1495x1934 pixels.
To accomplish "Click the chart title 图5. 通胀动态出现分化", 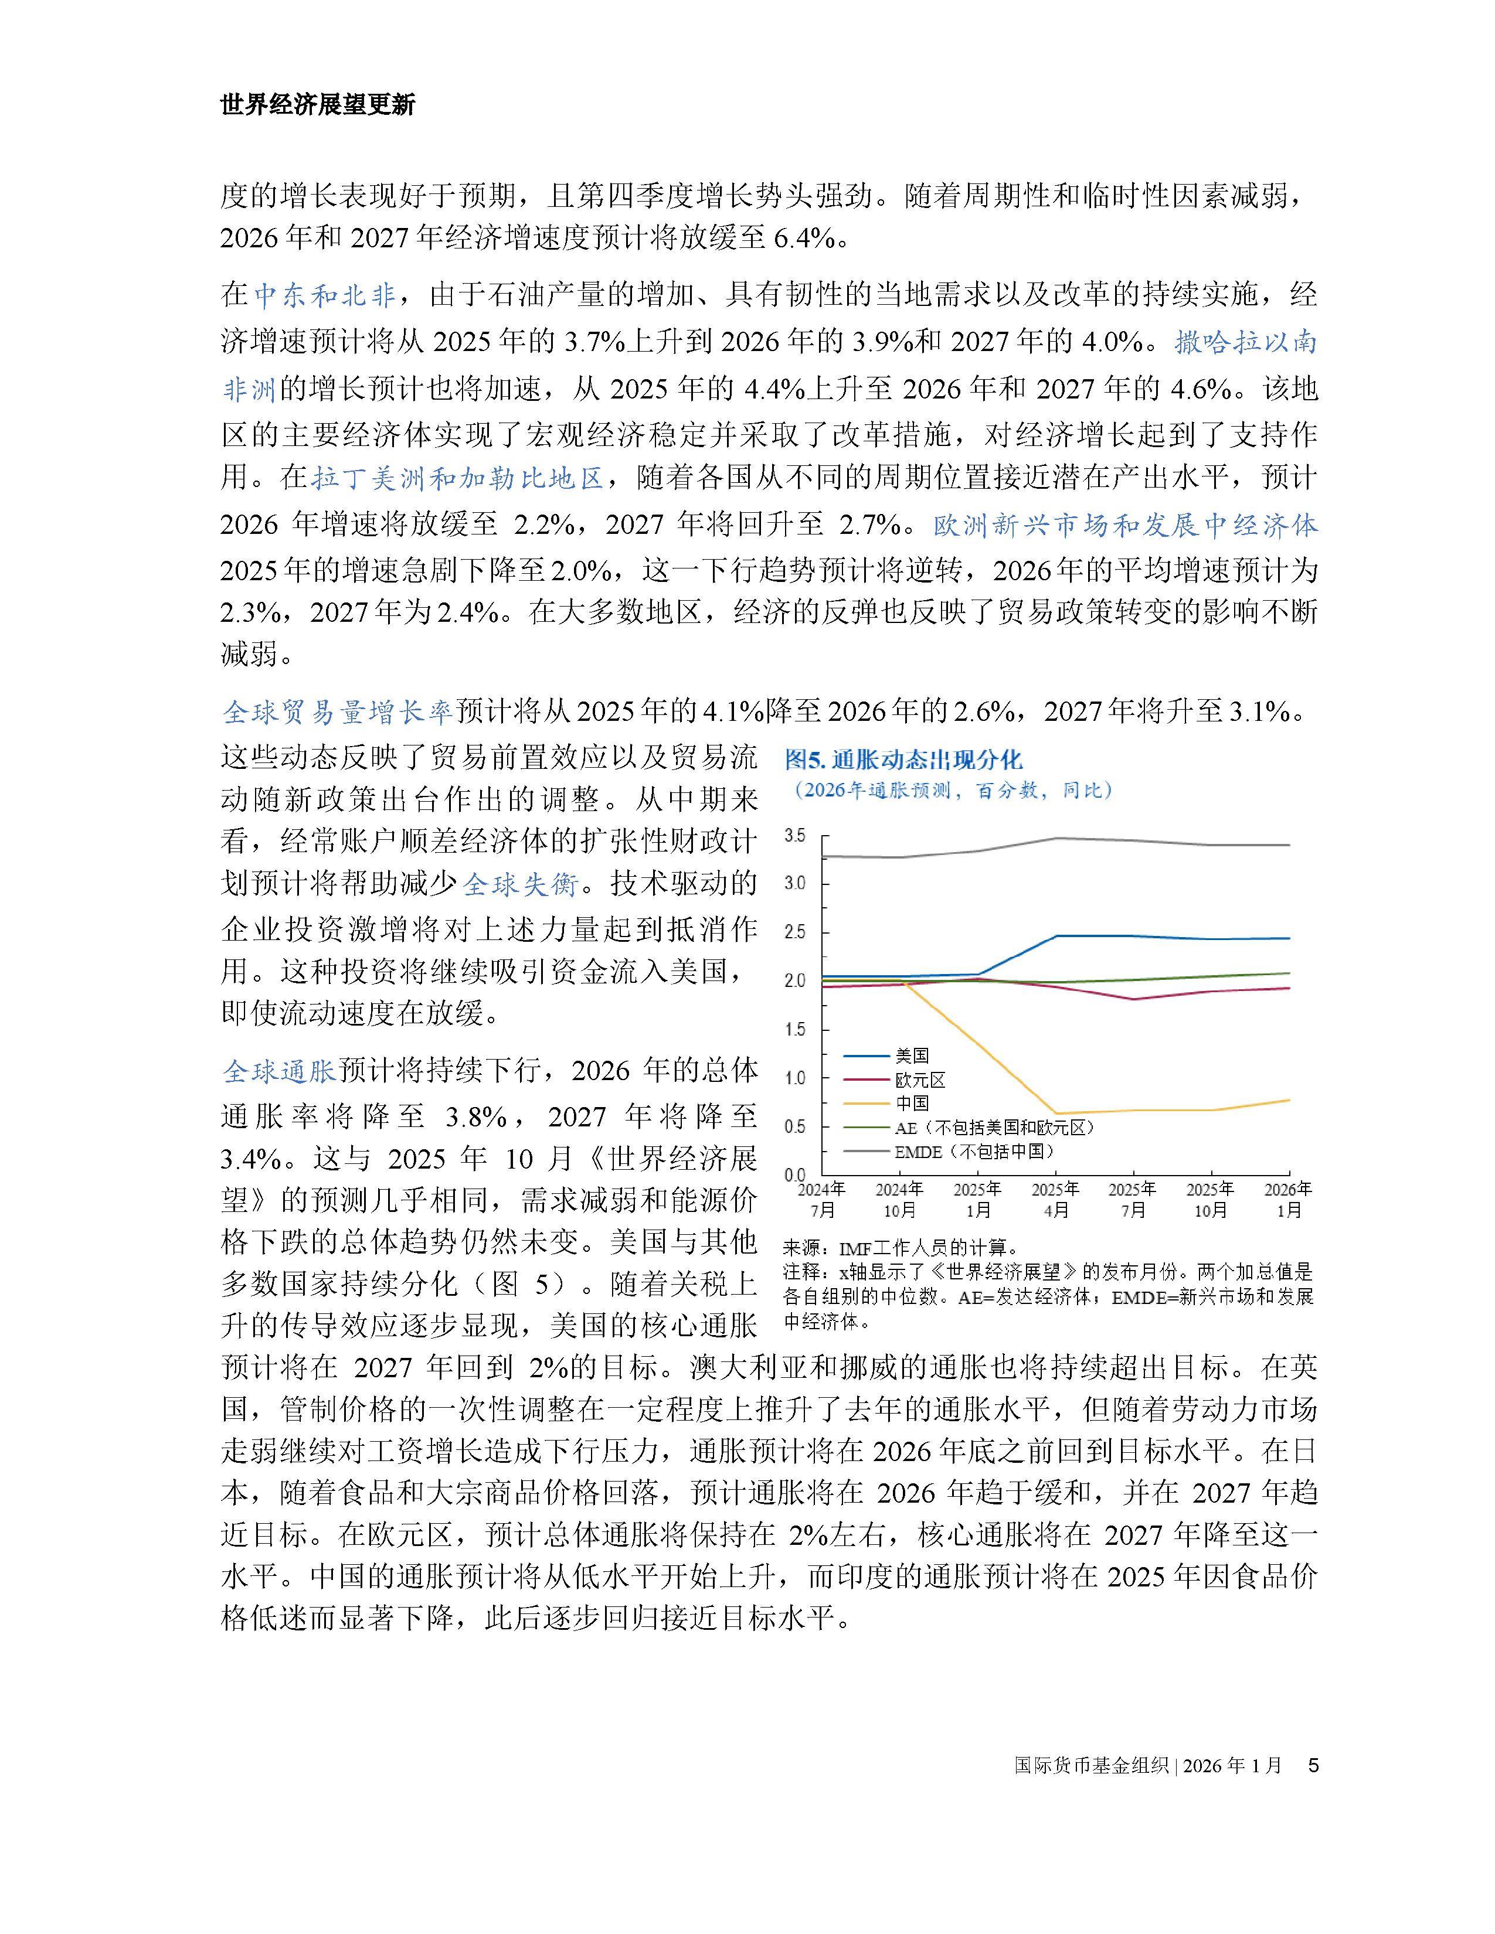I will [903, 759].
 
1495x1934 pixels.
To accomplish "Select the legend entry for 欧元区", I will [920, 1080].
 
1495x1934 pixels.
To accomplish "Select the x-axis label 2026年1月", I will [1288, 1199].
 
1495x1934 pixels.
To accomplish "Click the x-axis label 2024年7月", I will [822, 1199].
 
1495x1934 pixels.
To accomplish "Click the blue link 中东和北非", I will [324, 295].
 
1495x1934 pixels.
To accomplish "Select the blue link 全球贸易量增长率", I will [338, 711].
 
